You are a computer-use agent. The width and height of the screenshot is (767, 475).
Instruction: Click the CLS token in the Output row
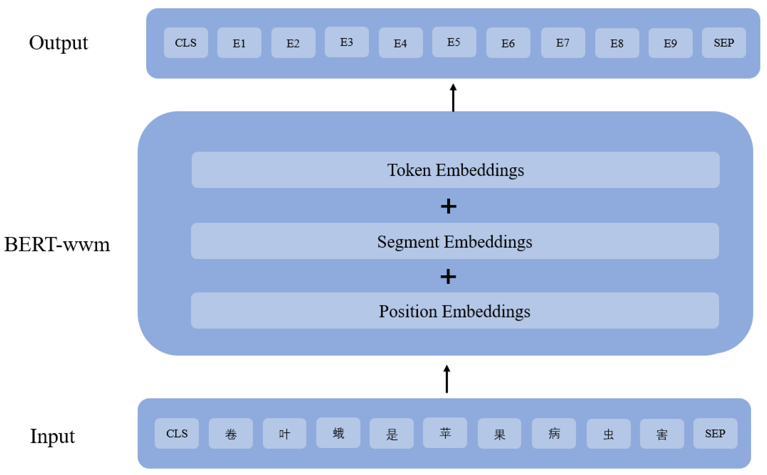[185, 43]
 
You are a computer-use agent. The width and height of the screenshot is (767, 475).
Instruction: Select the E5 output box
[454, 42]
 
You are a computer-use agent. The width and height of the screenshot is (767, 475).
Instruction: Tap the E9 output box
[670, 43]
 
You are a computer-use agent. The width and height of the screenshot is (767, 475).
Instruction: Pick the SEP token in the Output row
[724, 43]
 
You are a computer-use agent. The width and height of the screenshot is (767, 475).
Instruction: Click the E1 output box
[239, 43]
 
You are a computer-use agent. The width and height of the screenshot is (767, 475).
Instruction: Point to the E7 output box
[563, 43]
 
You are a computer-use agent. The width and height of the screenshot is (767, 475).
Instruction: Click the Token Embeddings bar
[455, 170]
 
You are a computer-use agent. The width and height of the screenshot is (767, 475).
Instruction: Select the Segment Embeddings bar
[455, 241]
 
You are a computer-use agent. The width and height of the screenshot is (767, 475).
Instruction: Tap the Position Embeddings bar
[455, 311]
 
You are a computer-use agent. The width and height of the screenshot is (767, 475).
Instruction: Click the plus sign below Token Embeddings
[448, 206]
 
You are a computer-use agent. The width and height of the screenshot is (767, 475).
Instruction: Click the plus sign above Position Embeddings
[448, 277]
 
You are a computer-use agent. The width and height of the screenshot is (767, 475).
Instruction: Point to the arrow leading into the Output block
[453, 97]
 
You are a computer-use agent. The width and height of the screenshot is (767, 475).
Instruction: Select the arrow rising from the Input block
[447, 379]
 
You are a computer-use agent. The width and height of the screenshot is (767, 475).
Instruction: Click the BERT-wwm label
[57, 244]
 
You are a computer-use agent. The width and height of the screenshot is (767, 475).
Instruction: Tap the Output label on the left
[59, 43]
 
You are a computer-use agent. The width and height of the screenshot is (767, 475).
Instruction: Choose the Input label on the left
[52, 436]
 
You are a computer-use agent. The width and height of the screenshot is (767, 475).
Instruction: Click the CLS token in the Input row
[177, 433]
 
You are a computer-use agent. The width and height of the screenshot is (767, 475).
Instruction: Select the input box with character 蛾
[338, 433]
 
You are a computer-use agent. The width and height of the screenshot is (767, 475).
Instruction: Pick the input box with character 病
[554, 433]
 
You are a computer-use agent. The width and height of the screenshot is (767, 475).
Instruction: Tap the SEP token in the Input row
[715, 433]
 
